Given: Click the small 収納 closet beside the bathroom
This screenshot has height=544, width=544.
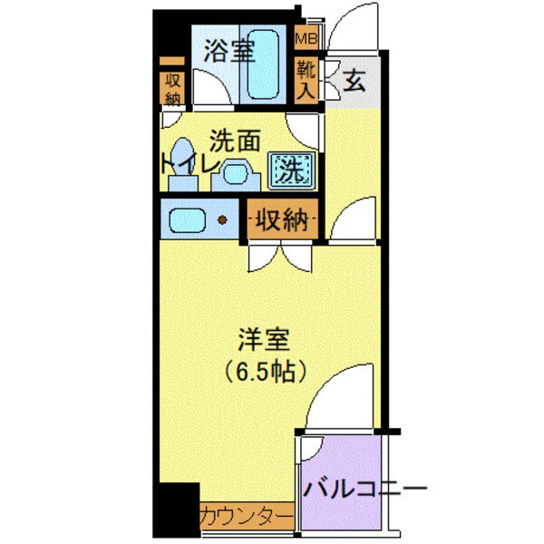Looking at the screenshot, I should point(171,88).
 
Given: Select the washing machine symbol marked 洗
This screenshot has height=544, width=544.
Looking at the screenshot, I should point(290,168).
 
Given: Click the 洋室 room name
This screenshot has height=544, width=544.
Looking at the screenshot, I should point(264,341).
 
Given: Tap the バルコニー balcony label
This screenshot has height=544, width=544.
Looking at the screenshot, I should point(364,490).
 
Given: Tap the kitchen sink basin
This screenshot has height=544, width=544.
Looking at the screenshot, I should point(188,219).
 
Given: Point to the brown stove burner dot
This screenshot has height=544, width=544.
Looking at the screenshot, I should point(220,219).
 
